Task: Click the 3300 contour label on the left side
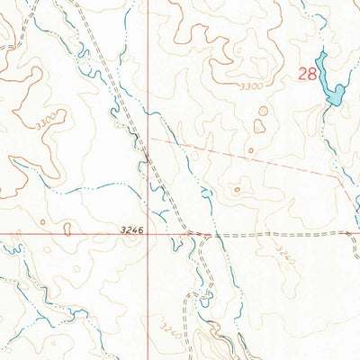point(53,117)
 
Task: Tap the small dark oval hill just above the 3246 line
point(68,224)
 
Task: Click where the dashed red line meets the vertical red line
point(148,139)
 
